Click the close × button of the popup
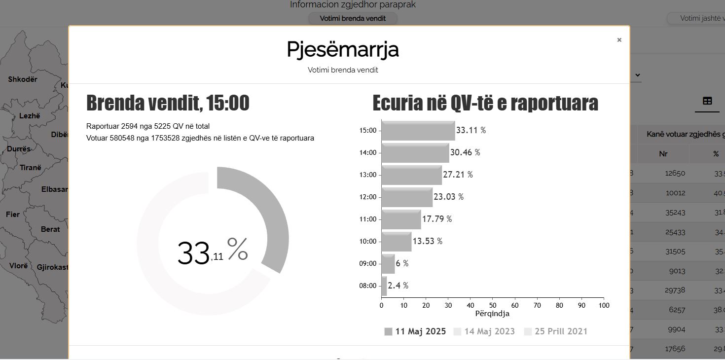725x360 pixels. [x=619, y=40]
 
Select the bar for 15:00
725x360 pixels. [x=418, y=131]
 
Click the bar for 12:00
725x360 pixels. [x=407, y=197]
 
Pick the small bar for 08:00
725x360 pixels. [x=384, y=286]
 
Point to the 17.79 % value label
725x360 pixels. [x=436, y=219]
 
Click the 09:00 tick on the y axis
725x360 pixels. [x=367, y=263]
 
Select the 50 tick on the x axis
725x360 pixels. [x=493, y=305]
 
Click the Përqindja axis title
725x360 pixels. [x=492, y=314]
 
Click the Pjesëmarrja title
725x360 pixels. [x=343, y=50]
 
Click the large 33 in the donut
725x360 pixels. [x=193, y=253]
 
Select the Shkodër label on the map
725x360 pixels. [x=23, y=79]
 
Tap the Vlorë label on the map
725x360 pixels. [x=19, y=266]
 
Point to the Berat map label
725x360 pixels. [x=50, y=229]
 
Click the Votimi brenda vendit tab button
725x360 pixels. [x=353, y=19]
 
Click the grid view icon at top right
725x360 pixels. [x=707, y=101]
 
